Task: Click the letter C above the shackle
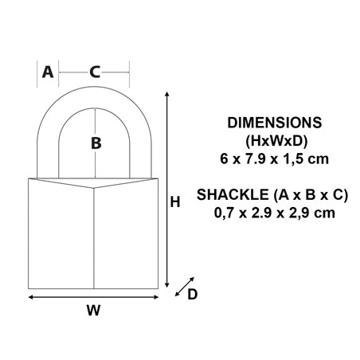point(94,72)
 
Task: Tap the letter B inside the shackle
point(95,143)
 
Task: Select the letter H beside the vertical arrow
point(176,202)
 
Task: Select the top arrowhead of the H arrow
point(166,95)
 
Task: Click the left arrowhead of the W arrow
point(31,296)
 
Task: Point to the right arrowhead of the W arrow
point(156,296)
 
